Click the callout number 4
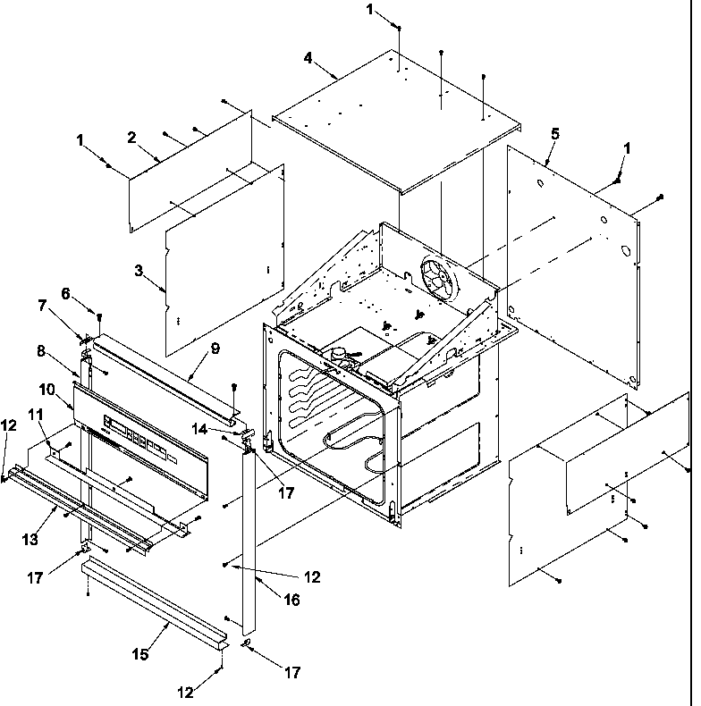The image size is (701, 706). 308,58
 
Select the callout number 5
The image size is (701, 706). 555,133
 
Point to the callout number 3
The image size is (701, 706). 139,270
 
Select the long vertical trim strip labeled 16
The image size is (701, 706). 249,536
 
